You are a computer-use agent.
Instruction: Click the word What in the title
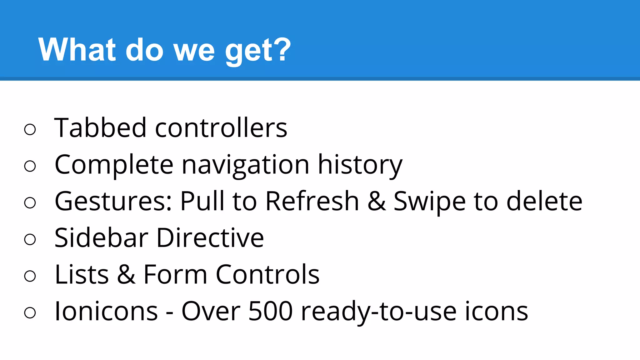[x=77, y=50]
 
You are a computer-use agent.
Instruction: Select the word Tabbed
[x=100, y=128]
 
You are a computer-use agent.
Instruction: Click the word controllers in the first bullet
[x=221, y=128]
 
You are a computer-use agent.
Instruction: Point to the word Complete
[x=114, y=165]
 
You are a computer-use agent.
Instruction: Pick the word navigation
[x=246, y=165]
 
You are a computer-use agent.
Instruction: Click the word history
[x=360, y=165]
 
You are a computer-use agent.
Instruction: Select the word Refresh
[x=312, y=202]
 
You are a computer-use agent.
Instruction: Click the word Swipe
[x=429, y=202]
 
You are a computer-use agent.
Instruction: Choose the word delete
[x=544, y=202]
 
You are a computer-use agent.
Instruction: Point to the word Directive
[x=210, y=238]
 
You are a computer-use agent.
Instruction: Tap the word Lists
[x=82, y=275]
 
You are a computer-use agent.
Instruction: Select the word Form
[x=175, y=275]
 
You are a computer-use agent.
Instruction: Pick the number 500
[x=270, y=311]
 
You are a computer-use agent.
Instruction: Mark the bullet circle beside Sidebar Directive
[x=30, y=240]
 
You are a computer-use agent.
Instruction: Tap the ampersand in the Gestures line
[x=377, y=202]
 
